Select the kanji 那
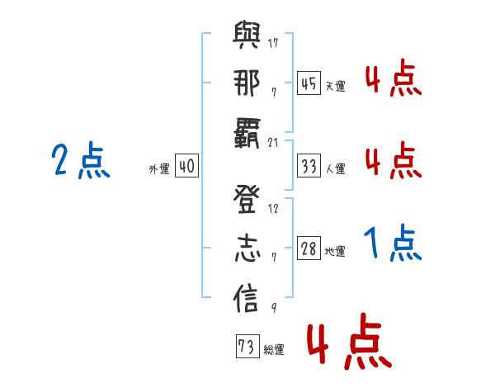(x=247, y=85)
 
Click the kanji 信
(x=247, y=299)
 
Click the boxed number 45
(x=309, y=83)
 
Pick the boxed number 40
(x=186, y=167)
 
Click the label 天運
(x=335, y=86)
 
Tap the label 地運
(x=335, y=252)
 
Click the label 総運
(x=273, y=350)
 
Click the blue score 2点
(x=81, y=161)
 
